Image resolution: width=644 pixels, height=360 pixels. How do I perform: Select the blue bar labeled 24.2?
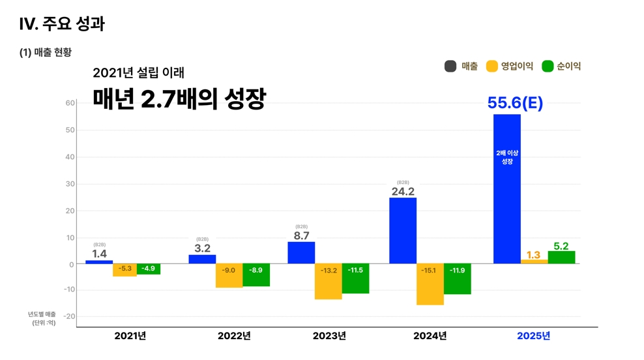pyautogui.click(x=402, y=230)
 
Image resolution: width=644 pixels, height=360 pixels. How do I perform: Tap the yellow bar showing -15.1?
pyautogui.click(x=430, y=284)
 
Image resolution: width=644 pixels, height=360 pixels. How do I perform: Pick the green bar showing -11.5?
pyautogui.click(x=355, y=279)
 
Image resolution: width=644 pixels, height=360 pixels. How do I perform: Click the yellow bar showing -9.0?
pyautogui.click(x=229, y=276)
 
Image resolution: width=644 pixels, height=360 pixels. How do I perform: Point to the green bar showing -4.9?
pyautogui.click(x=149, y=269)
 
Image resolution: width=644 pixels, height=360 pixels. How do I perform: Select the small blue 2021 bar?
pyautogui.click(x=99, y=262)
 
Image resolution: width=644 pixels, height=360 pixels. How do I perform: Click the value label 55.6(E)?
pyautogui.click(x=515, y=103)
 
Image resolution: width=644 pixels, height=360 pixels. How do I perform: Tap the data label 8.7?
pyautogui.click(x=301, y=236)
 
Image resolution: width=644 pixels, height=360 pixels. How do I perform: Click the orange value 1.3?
pyautogui.click(x=533, y=255)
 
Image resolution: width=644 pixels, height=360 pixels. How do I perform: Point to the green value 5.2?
pyautogui.click(x=561, y=246)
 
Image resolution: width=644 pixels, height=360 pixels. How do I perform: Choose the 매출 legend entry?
pyautogui.click(x=461, y=66)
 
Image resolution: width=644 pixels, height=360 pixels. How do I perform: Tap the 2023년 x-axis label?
pyautogui.click(x=329, y=336)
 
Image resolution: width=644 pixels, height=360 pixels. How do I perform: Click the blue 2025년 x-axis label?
pyautogui.click(x=533, y=336)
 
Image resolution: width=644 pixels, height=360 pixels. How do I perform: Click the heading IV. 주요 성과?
pyautogui.click(x=62, y=25)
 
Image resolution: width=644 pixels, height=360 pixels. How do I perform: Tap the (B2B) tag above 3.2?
pyautogui.click(x=202, y=239)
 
